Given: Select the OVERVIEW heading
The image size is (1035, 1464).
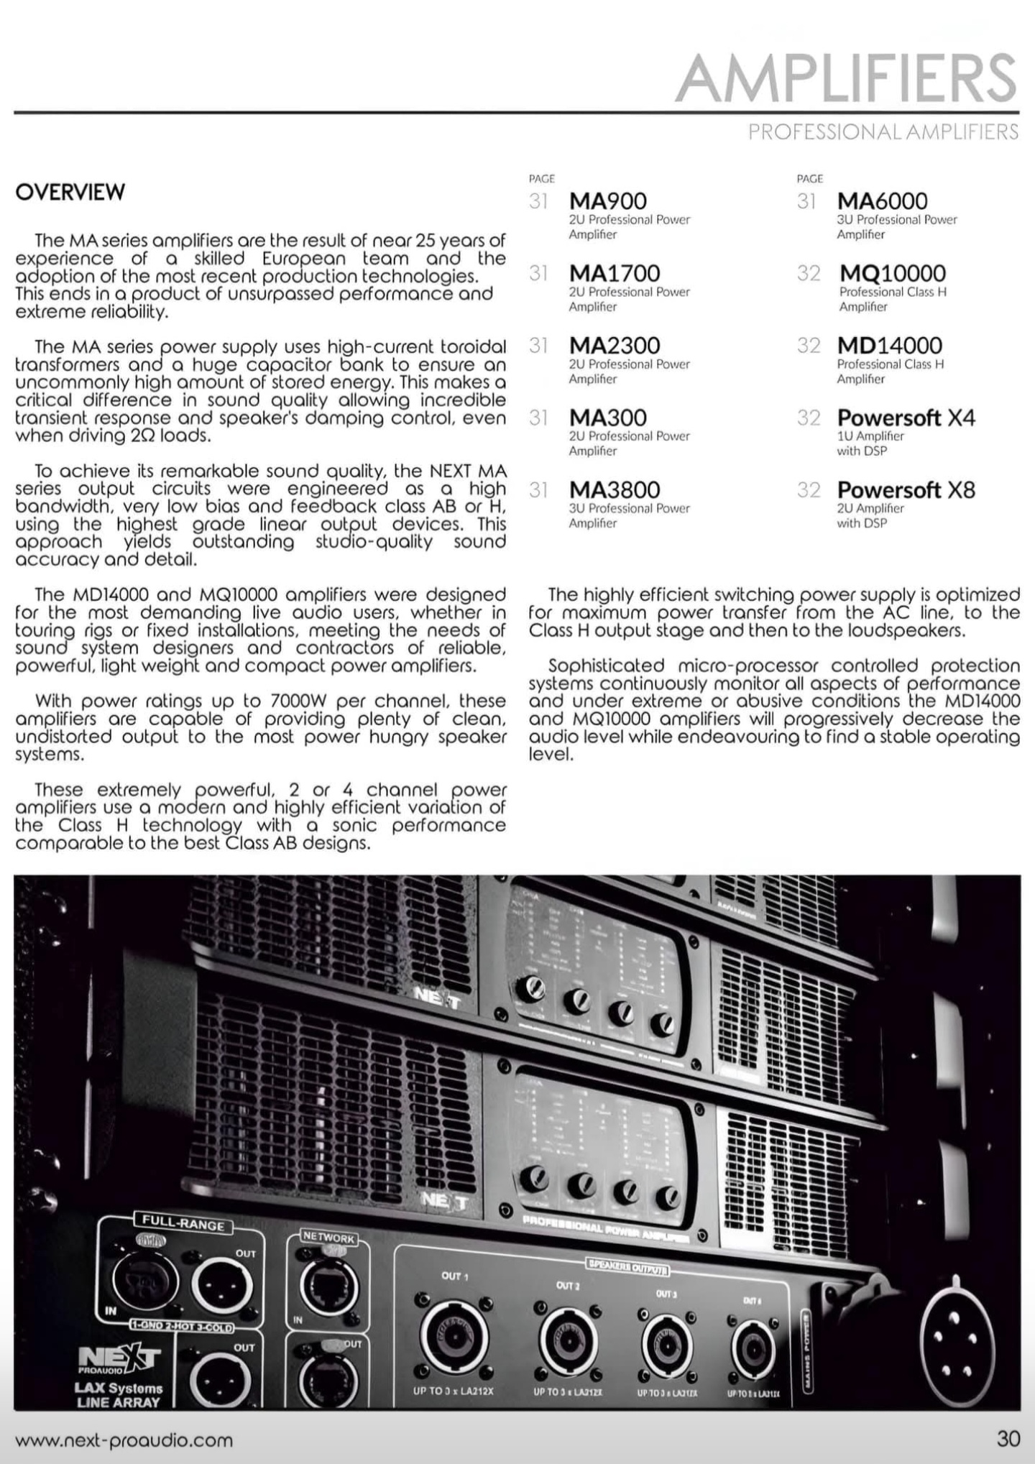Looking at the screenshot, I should click(70, 192).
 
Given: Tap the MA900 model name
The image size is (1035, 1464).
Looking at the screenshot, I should click(607, 201).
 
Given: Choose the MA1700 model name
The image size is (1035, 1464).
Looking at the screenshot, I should click(614, 273).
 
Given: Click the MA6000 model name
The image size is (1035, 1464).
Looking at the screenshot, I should click(882, 201).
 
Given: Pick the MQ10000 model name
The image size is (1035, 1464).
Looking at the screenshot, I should click(892, 273).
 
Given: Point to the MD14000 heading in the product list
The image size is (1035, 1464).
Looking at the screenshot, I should click(889, 346).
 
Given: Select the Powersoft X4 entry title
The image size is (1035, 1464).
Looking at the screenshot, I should click(906, 418).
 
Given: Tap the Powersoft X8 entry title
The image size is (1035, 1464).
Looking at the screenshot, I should click(906, 490).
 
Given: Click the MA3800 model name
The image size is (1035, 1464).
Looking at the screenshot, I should click(614, 490).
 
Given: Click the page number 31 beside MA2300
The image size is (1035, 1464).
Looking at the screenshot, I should click(538, 346).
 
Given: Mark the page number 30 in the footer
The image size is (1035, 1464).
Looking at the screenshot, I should click(1008, 1439).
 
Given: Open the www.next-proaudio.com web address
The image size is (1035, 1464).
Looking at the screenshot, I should click(124, 1440).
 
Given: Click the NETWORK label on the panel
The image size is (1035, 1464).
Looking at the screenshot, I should click(328, 1238).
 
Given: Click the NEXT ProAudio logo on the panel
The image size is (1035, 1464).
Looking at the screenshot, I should click(119, 1358).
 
